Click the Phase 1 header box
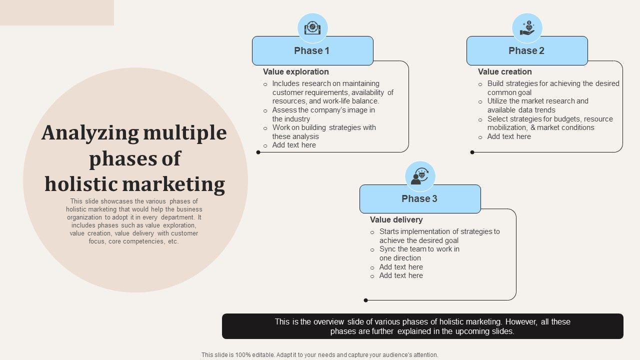pos(312,50)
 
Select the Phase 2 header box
pos(527,50)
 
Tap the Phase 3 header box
pos(420,198)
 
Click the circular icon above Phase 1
pos(312,27)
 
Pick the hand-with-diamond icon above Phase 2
pos(527,27)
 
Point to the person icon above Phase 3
pos(420,176)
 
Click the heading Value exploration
pos(296,72)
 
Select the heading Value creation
pos(504,72)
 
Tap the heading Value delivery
pos(396,220)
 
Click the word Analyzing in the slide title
pos(90,133)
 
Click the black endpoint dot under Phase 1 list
pos(258,152)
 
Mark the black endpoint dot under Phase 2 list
pos(472,152)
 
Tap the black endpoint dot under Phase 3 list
pos(366,300)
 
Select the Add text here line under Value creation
pos(509,136)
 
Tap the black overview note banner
pos(422,326)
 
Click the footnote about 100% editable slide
pos(319,355)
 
